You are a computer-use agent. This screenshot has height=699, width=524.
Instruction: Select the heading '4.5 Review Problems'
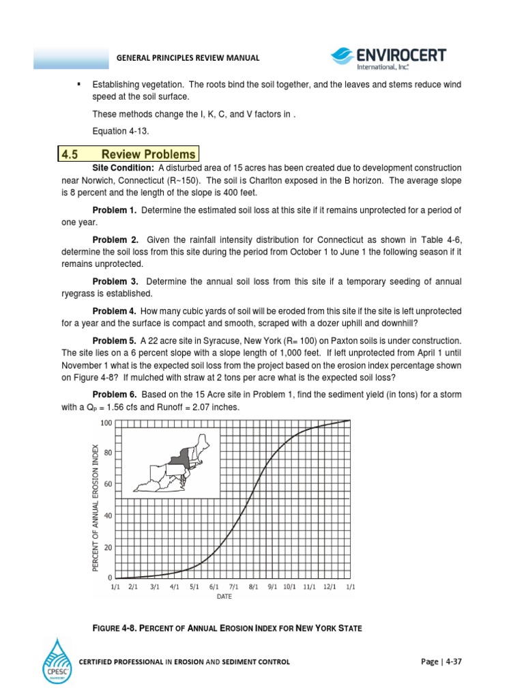pyautogui.click(x=129, y=154)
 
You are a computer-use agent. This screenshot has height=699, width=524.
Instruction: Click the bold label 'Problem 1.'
pyautogui.click(x=114, y=210)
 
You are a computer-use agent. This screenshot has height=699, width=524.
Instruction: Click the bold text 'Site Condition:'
pyautogui.click(x=123, y=168)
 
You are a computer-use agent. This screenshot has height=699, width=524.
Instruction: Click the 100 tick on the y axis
pyautogui.click(x=106, y=423)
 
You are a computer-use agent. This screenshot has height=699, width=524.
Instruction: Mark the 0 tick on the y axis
pyautogui.click(x=110, y=577)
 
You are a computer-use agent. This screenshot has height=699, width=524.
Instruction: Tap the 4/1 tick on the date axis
pyautogui.click(x=175, y=586)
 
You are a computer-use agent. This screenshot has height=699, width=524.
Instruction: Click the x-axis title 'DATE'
pyautogui.click(x=224, y=597)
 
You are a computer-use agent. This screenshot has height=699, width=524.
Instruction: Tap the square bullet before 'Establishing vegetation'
pyautogui.click(x=79, y=83)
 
